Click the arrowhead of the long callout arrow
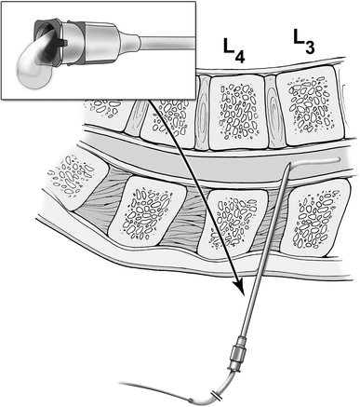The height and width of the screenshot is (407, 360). (x=245, y=292)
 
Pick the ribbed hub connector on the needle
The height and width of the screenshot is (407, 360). (x=238, y=353)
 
